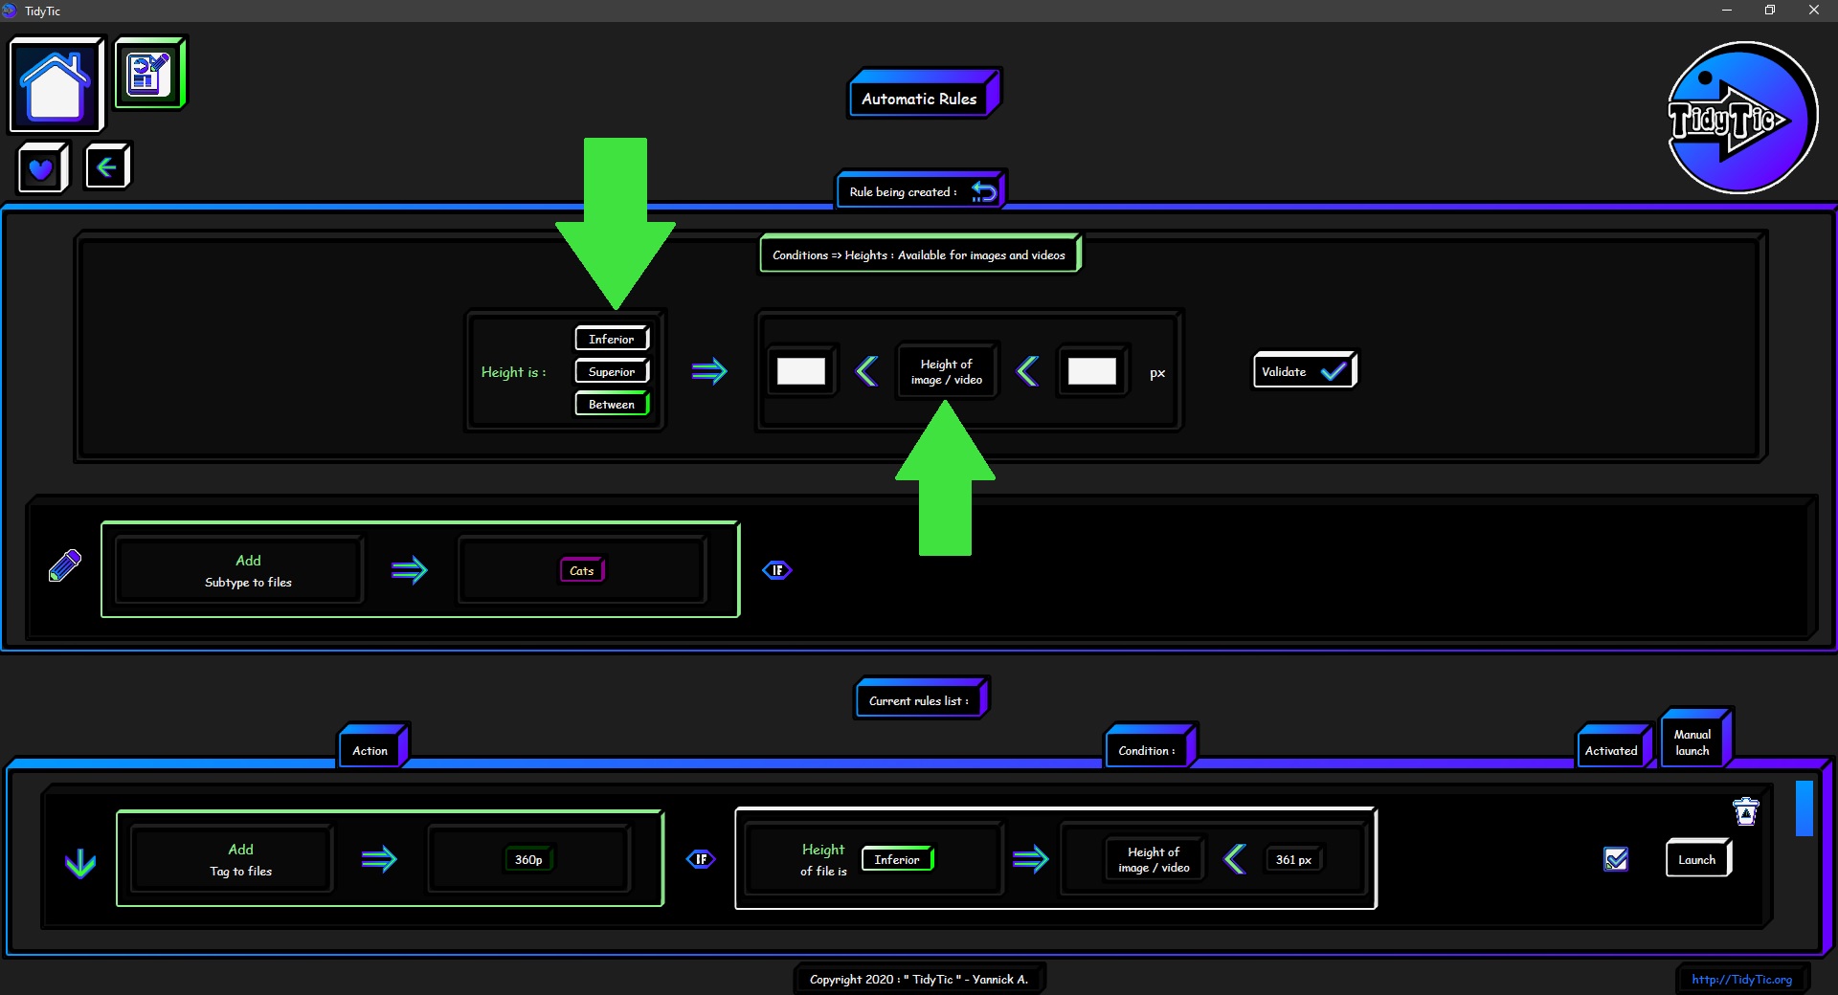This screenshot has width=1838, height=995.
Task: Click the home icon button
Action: [56, 84]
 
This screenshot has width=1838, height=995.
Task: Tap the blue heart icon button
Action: [42, 168]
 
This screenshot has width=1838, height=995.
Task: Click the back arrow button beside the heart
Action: [107, 167]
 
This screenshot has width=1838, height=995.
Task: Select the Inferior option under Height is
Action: [612, 339]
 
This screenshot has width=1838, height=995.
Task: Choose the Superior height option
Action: [612, 371]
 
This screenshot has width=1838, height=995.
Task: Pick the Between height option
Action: [612, 404]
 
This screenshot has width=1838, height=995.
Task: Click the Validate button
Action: [1304, 371]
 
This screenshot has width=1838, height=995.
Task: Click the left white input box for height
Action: [801, 371]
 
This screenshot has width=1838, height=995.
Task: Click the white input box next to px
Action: [1092, 371]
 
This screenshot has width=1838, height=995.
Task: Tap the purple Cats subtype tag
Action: [582, 570]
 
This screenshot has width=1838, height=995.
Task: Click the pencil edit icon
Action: [65, 565]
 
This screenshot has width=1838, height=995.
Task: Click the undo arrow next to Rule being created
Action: [984, 191]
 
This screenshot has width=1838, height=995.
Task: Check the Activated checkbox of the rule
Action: [1616, 859]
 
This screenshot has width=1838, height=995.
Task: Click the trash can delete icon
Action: [1746, 811]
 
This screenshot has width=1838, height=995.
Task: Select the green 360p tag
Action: [528, 859]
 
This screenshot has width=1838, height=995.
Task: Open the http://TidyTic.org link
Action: [1741, 979]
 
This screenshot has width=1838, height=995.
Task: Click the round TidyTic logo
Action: [1741, 118]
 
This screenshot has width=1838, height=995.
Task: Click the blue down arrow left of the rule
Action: [80, 863]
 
